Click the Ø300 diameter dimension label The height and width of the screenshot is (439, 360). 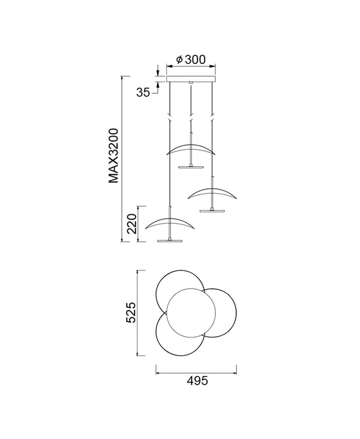(x=191, y=59)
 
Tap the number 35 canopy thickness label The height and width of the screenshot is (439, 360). (x=143, y=92)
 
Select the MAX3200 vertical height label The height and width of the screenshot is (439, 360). (x=114, y=156)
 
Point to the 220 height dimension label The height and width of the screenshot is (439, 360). (x=131, y=224)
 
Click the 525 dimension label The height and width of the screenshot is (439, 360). (x=131, y=312)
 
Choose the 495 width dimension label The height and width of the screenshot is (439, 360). (x=197, y=380)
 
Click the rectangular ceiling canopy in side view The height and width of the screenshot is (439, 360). (x=191, y=79)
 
